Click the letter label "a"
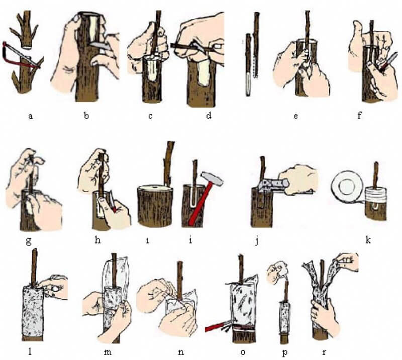(31, 116)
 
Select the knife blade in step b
(95, 45)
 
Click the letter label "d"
(209, 116)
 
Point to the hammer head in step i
(212, 179)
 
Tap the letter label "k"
(368, 240)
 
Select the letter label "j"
(257, 241)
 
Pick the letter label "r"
(324, 353)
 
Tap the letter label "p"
(285, 353)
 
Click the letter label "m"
(108, 352)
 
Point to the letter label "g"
(29, 242)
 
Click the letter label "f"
(359, 116)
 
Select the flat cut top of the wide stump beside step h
(155, 189)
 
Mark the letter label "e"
(296, 116)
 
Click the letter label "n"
(181, 352)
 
